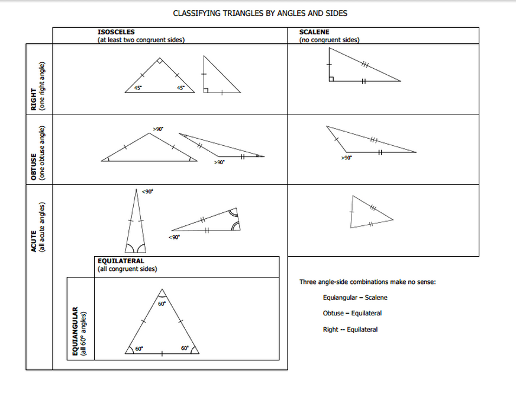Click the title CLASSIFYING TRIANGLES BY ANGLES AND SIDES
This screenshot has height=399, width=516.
260,13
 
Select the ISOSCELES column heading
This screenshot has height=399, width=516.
116,31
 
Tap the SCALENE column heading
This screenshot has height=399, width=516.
314,31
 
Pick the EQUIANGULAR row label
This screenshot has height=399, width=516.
76,331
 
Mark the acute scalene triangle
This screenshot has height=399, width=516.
367,213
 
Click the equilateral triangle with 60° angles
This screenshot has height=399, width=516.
161,326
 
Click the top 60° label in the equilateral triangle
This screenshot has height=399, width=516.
161,304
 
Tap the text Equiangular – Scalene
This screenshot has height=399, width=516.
355,298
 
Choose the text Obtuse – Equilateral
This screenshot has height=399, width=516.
352,313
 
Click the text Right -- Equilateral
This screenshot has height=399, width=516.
350,330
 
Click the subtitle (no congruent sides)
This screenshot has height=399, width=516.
330,40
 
